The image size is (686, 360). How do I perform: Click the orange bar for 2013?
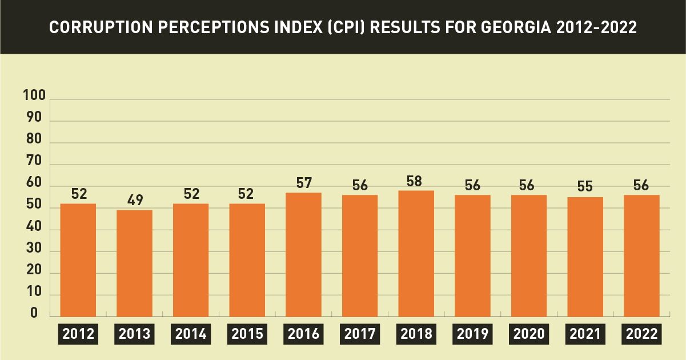coord(134,263)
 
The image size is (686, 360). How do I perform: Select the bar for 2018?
coord(416,254)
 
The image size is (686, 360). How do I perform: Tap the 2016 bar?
coord(303,255)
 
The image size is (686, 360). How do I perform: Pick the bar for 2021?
coord(585,257)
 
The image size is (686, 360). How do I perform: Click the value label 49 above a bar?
coord(135,200)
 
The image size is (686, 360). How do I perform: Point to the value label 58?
coord(414,181)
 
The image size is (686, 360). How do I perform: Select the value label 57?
coord(304,183)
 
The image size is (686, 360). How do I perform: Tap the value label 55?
coord(585,186)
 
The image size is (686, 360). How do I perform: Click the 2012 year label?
coord(78,334)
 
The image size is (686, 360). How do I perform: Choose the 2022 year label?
coord(641,334)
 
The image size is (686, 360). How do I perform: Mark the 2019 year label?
coord(472,334)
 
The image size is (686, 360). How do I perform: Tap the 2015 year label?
coord(247,334)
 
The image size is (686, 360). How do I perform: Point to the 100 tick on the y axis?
coord(34,95)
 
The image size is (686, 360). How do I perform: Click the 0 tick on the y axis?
coord(34,313)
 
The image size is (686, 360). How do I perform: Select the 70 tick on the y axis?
coord(34,161)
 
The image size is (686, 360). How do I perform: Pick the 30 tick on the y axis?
coord(34,247)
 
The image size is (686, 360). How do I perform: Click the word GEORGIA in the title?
coord(516,27)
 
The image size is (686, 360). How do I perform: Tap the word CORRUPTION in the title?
coord(101,27)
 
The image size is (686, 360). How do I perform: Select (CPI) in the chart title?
coord(346,27)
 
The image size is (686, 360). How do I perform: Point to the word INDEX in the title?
coord(299,27)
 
